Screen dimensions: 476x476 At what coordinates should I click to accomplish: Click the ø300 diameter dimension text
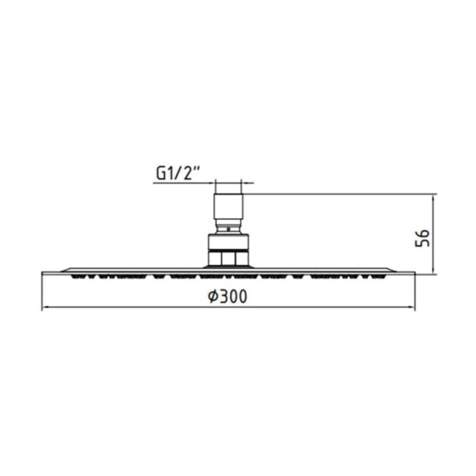click(x=227, y=297)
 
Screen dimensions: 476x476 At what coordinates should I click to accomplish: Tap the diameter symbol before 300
click(x=211, y=297)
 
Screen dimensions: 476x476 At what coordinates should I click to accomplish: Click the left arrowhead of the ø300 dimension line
click(x=44, y=308)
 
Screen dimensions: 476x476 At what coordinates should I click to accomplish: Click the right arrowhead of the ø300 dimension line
click(x=413, y=308)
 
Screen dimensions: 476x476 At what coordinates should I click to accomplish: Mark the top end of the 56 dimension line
click(x=433, y=194)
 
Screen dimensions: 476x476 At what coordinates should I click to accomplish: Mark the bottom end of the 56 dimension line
click(x=433, y=274)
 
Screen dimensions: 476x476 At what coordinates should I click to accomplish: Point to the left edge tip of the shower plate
click(x=43, y=273)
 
